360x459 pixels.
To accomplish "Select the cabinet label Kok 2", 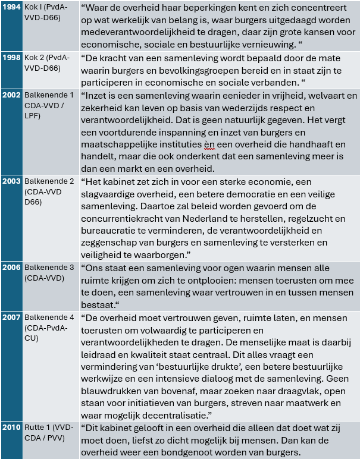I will (x=47, y=62).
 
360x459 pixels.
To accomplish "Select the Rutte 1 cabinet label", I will (x=49, y=431).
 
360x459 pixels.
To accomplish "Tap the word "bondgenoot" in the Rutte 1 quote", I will (x=213, y=453).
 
